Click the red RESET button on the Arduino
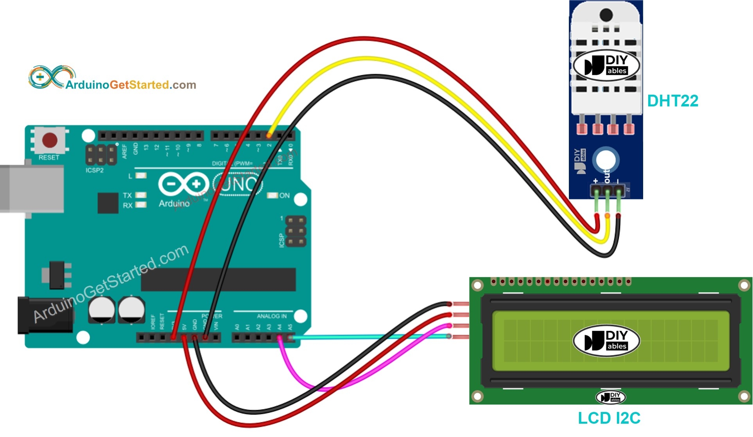pyautogui.click(x=50, y=140)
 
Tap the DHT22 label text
pyautogui.click(x=672, y=101)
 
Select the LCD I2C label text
pyautogui.click(x=609, y=418)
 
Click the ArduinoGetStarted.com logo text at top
pyautogui.click(x=131, y=85)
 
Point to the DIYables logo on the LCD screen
pyautogui.click(x=606, y=340)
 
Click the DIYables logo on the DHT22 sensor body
pyautogui.click(x=606, y=65)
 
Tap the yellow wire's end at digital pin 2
pyautogui.click(x=269, y=135)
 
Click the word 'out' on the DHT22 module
pyautogui.click(x=607, y=176)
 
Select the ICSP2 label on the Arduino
pyautogui.click(x=95, y=170)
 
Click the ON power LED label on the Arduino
pyautogui.click(x=284, y=195)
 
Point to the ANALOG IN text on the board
pyautogui.click(x=271, y=316)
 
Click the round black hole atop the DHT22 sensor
pyautogui.click(x=606, y=15)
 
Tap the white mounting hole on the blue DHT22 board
pyautogui.click(x=606, y=160)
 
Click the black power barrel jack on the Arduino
pyautogui.click(x=45, y=315)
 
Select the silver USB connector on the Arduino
pyautogui.click(x=31, y=189)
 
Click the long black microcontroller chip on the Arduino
pyautogui.click(x=218, y=279)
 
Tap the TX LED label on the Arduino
pyautogui.click(x=127, y=195)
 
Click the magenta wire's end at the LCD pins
pyautogui.click(x=449, y=326)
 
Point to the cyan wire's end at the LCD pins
pyautogui.click(x=449, y=336)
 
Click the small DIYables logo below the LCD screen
pyautogui.click(x=610, y=397)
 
